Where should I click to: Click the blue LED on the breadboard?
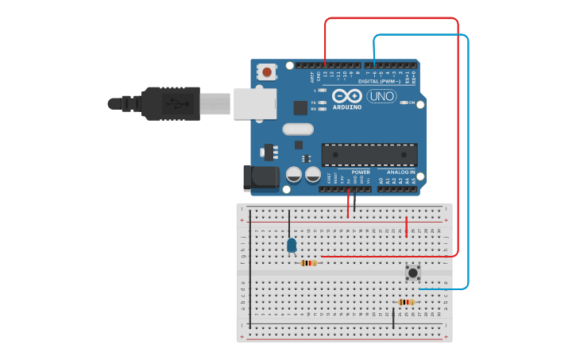point(292,245)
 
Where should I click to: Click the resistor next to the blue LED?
point(309,263)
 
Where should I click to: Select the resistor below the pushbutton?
point(407,302)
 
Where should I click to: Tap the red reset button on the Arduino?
point(267,72)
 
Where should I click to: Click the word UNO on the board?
point(382,96)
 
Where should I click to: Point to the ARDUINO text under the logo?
point(347,106)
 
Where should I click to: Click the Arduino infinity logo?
point(353,95)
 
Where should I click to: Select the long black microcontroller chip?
point(369,154)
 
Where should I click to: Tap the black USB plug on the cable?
point(170,103)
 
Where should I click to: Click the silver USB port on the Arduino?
point(255,103)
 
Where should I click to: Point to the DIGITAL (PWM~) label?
point(380,81)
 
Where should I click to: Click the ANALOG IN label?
point(401,172)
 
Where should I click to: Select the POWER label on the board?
point(361,172)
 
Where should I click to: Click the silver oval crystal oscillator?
point(298,129)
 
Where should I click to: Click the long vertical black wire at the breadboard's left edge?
point(250,270)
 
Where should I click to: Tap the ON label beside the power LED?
point(412,103)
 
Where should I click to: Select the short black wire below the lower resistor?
point(393,318)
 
